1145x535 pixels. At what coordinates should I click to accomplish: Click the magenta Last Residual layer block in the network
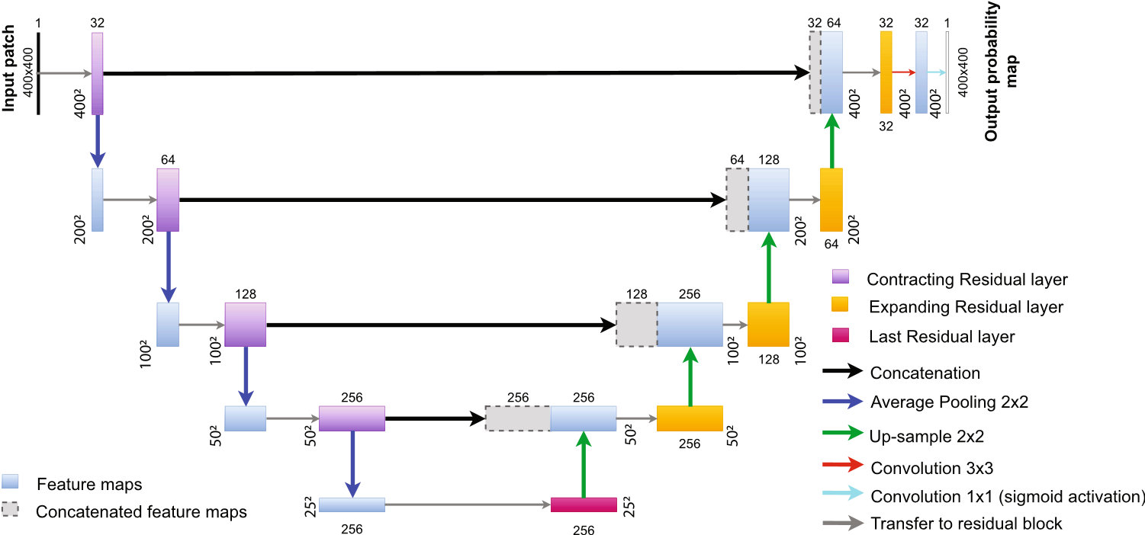point(584,504)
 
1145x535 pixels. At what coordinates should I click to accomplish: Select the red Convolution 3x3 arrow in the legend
point(843,465)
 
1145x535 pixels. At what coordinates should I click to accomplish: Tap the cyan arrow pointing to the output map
point(937,72)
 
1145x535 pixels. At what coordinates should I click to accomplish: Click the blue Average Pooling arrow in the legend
point(843,402)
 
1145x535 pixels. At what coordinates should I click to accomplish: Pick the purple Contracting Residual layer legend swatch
point(840,276)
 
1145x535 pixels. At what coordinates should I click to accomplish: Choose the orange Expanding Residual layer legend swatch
point(840,305)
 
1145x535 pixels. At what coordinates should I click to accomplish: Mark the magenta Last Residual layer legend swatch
point(840,335)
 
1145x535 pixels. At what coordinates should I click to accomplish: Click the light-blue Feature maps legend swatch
point(10,481)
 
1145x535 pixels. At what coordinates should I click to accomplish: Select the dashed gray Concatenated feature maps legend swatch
point(10,509)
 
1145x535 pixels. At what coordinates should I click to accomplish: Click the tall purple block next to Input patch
point(98,73)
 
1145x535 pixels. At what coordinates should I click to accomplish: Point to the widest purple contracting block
point(352,418)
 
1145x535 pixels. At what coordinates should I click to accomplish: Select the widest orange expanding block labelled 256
point(690,418)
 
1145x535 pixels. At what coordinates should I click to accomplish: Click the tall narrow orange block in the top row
point(886,72)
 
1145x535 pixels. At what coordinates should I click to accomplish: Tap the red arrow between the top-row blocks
point(904,72)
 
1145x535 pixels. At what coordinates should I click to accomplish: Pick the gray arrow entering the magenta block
point(468,505)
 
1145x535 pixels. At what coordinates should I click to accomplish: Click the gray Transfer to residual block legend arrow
point(843,524)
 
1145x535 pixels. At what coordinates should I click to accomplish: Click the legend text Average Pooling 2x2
point(949,402)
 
